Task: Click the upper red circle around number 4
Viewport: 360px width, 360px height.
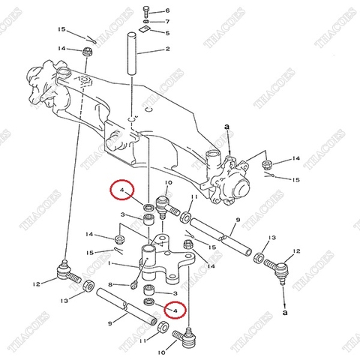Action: [x=121, y=193]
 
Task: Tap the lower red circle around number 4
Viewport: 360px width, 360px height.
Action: [x=175, y=308]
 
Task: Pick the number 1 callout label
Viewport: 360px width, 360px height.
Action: [x=110, y=264]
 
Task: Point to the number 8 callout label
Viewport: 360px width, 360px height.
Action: [x=110, y=284]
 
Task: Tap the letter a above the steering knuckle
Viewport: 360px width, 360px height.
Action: [x=226, y=129]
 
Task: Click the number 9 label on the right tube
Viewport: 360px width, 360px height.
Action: [x=236, y=220]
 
